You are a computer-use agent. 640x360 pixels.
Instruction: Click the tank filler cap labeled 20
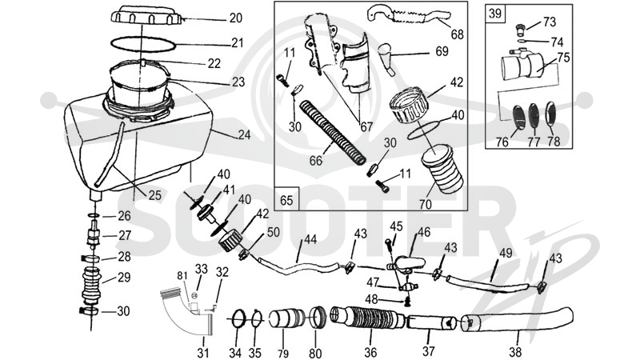click(x=146, y=15)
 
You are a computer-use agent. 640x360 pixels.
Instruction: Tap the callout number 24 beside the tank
click(x=244, y=134)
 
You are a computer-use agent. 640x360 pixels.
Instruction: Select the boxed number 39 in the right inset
click(x=494, y=13)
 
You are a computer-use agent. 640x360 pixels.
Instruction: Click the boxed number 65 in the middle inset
click(x=286, y=201)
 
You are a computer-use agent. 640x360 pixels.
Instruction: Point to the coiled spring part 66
click(x=332, y=133)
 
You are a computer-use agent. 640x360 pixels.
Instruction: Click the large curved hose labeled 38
click(x=517, y=319)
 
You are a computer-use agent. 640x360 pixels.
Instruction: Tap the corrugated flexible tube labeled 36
click(x=367, y=317)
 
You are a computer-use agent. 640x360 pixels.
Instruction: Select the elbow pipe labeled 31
click(x=188, y=310)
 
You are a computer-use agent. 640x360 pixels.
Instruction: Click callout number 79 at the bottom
click(x=283, y=353)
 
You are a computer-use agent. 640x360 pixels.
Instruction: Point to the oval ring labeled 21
click(x=143, y=44)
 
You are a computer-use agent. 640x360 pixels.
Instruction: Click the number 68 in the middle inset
click(x=457, y=34)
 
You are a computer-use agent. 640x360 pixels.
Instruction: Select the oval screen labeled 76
click(x=519, y=118)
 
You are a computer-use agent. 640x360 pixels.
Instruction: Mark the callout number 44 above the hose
click(x=310, y=239)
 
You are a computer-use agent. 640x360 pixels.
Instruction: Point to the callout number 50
click(x=273, y=232)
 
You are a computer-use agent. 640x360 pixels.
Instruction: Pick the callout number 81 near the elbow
click(x=182, y=276)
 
